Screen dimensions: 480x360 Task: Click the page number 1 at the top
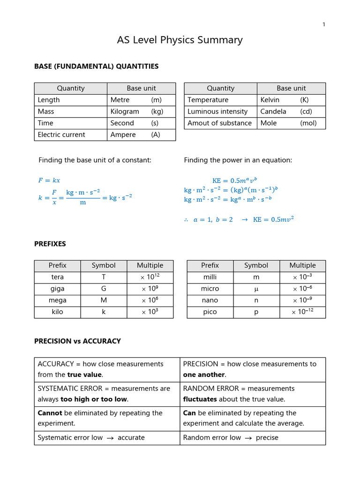(x=323, y=25)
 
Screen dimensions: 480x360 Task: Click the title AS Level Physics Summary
(x=180, y=40)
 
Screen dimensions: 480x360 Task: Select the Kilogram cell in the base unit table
(x=125, y=112)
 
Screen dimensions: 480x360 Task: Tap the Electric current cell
(x=61, y=135)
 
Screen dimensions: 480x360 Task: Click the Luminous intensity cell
(x=217, y=112)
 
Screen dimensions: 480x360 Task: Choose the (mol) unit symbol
(x=308, y=123)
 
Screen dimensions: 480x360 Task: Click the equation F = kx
(x=49, y=180)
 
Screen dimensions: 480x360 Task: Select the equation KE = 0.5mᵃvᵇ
(x=235, y=180)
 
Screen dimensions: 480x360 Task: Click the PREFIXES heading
(x=50, y=244)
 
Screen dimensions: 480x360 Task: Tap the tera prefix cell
(x=58, y=277)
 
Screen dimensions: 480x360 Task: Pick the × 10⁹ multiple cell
(x=150, y=289)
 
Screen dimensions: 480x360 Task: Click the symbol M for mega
(x=104, y=300)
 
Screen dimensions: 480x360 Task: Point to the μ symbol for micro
(x=256, y=289)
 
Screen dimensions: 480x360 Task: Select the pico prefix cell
(x=210, y=312)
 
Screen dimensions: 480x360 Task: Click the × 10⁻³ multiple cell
(x=302, y=277)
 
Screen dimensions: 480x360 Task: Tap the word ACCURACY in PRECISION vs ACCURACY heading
(x=102, y=341)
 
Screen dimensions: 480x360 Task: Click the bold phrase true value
(x=84, y=375)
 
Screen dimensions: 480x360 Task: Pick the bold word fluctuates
(x=200, y=399)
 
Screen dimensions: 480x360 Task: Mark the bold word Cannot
(x=50, y=413)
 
